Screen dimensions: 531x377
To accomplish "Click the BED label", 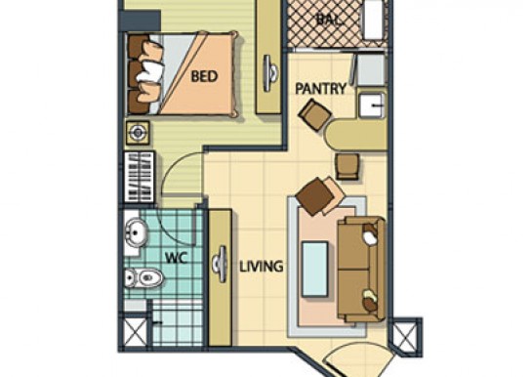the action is click(x=204, y=76).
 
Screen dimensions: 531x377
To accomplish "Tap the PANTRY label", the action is click(x=321, y=89).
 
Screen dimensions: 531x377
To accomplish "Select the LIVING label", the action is click(x=261, y=267).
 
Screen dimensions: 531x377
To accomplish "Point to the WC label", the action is click(x=176, y=259).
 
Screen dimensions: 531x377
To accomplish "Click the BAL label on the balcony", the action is click(x=329, y=20).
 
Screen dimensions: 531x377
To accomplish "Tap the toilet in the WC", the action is click(x=143, y=278).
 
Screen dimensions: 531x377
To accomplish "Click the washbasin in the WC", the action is click(x=136, y=232).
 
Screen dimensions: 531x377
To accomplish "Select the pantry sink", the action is click(x=372, y=105).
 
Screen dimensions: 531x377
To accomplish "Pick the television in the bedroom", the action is click(x=270, y=73).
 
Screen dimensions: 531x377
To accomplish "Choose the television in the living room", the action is click(x=221, y=265).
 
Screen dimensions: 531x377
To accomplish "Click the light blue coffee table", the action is click(x=315, y=270).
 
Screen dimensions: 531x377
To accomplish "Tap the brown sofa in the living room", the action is click(x=361, y=270).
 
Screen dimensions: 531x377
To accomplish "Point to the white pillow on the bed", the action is click(x=150, y=71).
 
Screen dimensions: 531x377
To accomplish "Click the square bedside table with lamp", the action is click(x=138, y=133).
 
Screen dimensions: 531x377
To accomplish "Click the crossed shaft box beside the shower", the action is click(x=134, y=332).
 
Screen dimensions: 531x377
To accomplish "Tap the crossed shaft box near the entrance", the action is click(x=406, y=336).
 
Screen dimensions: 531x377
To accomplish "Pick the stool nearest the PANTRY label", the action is click(x=314, y=114).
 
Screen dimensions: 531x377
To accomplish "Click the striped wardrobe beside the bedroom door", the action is click(x=140, y=177).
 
